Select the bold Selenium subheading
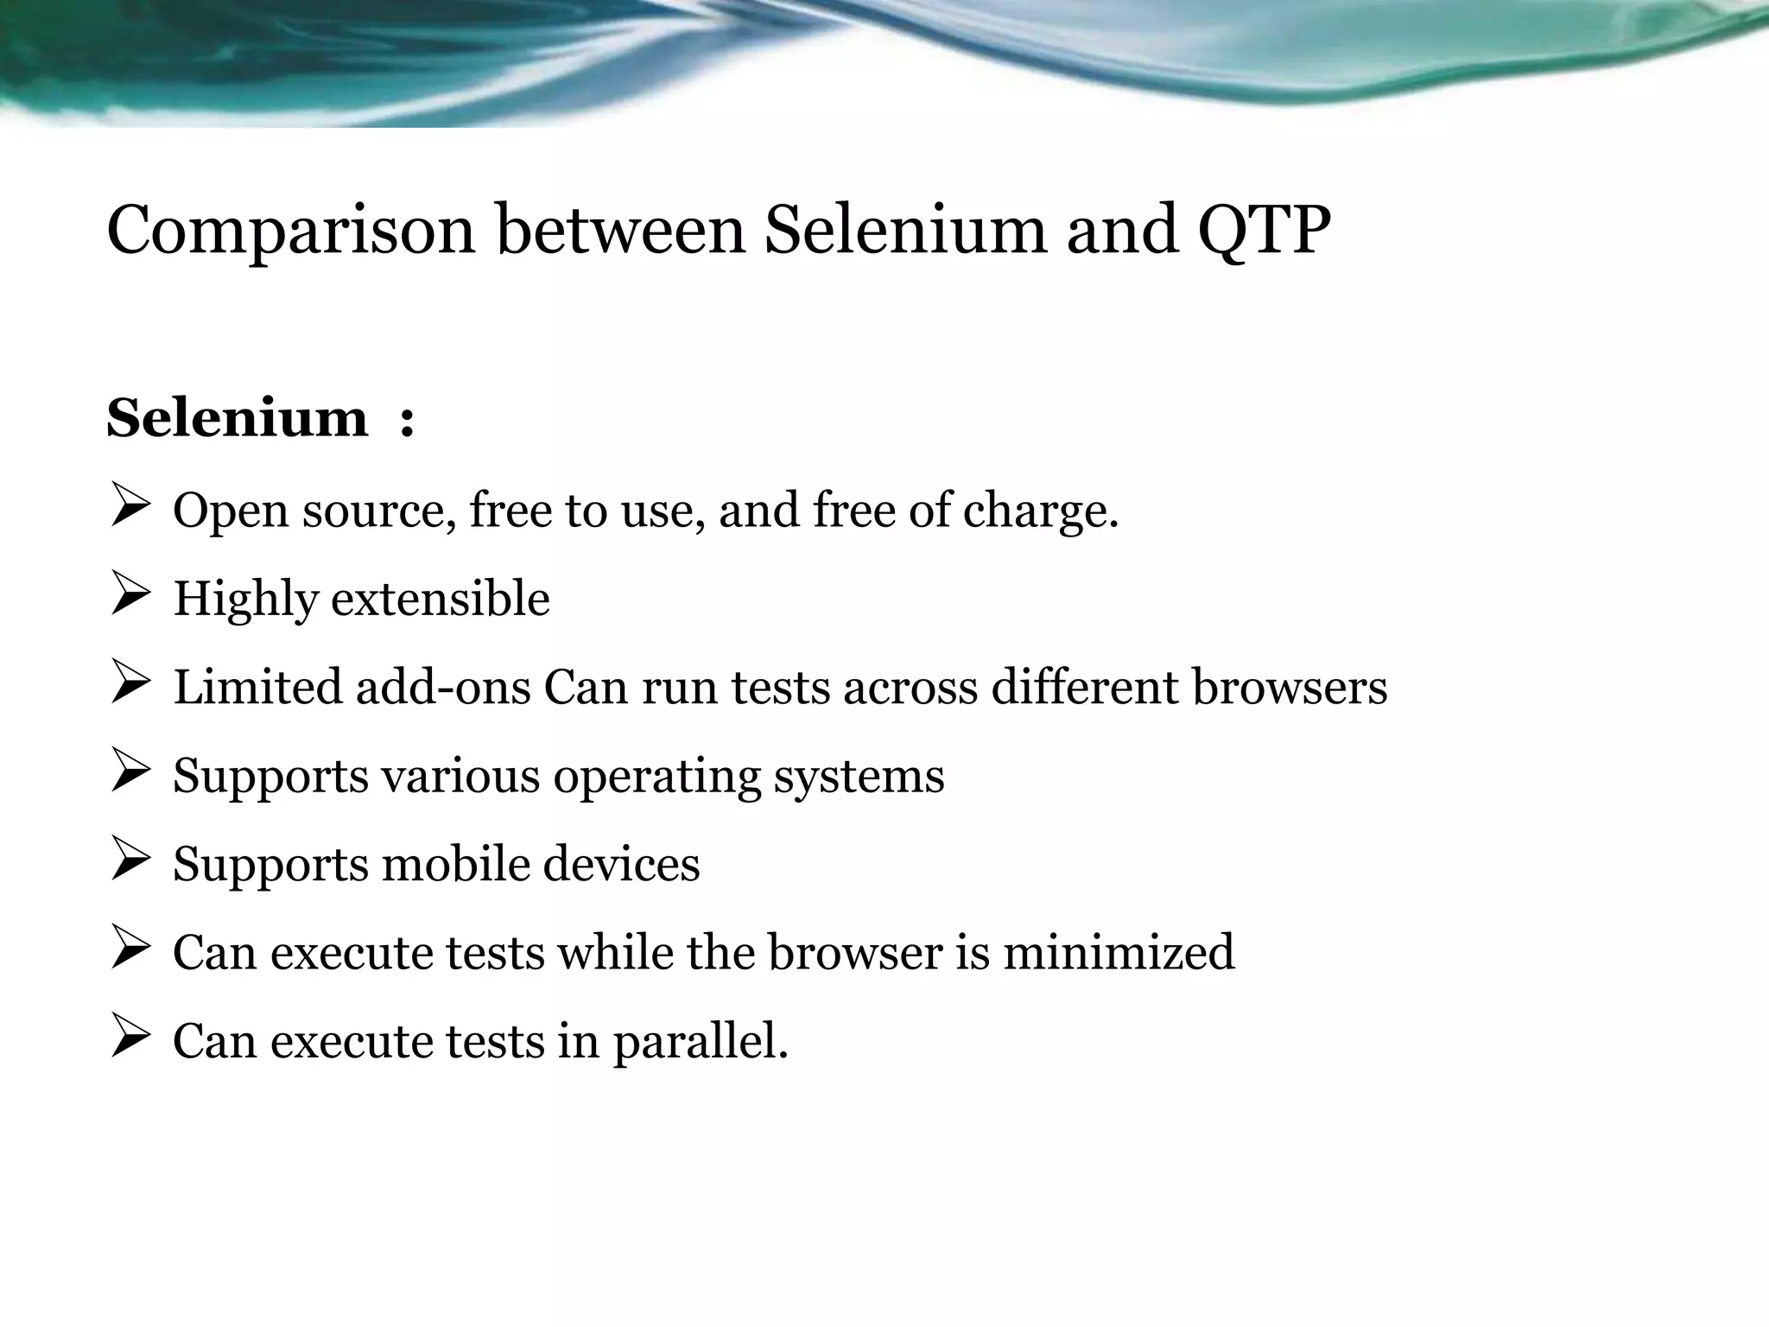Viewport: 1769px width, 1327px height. pyautogui.click(x=238, y=418)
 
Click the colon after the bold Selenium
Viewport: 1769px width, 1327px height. pyautogui.click(x=407, y=421)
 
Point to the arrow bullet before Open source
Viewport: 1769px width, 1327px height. pyautogui.click(x=131, y=509)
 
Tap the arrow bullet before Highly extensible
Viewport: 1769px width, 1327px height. pyautogui.click(x=131, y=597)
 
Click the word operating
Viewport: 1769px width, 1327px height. pyautogui.click(x=656, y=777)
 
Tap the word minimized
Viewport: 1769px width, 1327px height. pyautogui.click(x=1119, y=952)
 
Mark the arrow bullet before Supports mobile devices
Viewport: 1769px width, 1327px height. pyautogui.click(x=131, y=862)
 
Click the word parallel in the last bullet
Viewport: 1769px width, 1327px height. pyautogui.click(x=701, y=1041)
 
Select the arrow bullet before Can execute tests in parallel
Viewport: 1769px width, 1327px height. pyautogui.click(x=131, y=1039)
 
